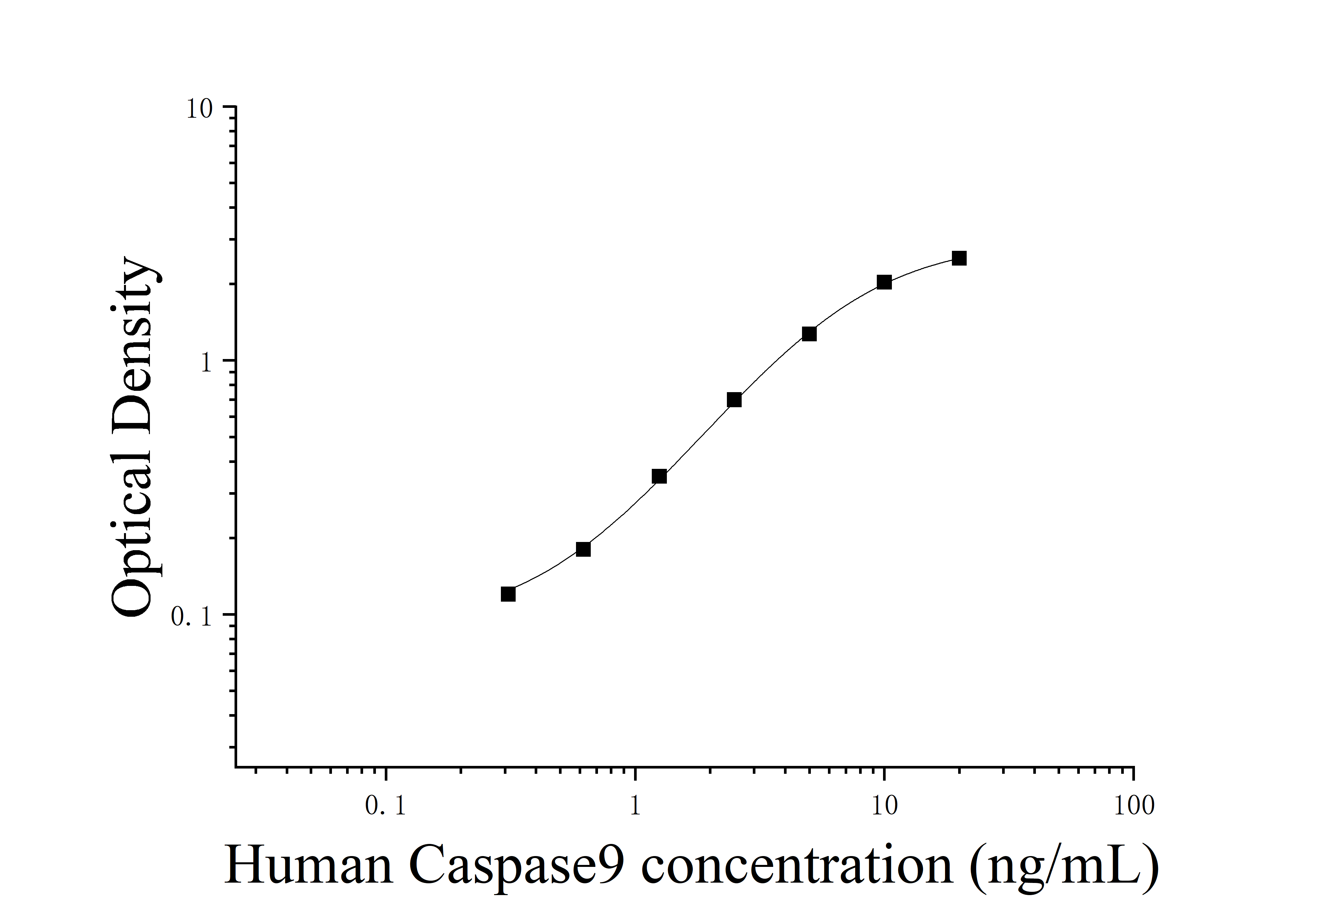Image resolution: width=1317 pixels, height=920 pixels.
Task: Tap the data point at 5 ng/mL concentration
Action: pyautogui.click(x=809, y=334)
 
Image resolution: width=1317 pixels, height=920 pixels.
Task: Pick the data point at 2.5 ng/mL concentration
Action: pyautogui.click(x=734, y=400)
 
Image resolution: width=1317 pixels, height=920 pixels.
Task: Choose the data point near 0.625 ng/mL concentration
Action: pyautogui.click(x=583, y=549)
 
